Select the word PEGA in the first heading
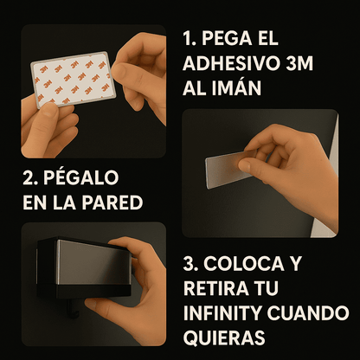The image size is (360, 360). coord(227,38)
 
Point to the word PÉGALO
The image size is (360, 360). coord(81,177)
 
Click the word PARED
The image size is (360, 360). coord(112,202)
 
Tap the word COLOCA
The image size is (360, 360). coord(244,263)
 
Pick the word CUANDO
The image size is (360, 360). coord(308,312)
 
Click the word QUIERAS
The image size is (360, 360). coord(224,337)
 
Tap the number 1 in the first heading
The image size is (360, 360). coord(188,38)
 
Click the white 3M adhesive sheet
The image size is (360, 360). coord(73,80)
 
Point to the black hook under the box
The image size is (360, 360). coord(74,306)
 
